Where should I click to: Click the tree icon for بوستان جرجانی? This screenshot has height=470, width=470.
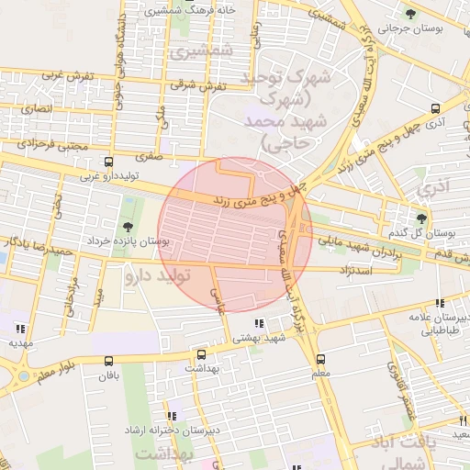pos(410,14)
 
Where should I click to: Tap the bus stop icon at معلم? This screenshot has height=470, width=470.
pos(320,359)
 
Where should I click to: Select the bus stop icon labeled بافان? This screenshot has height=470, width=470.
pos(109,362)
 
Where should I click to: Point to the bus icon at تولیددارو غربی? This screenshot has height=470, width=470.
pos(109,162)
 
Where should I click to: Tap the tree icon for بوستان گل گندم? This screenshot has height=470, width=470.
pos(421,218)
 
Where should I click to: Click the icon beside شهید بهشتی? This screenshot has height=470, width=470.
pos(258,323)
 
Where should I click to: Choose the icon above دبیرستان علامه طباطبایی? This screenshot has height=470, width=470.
pos(440,303)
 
